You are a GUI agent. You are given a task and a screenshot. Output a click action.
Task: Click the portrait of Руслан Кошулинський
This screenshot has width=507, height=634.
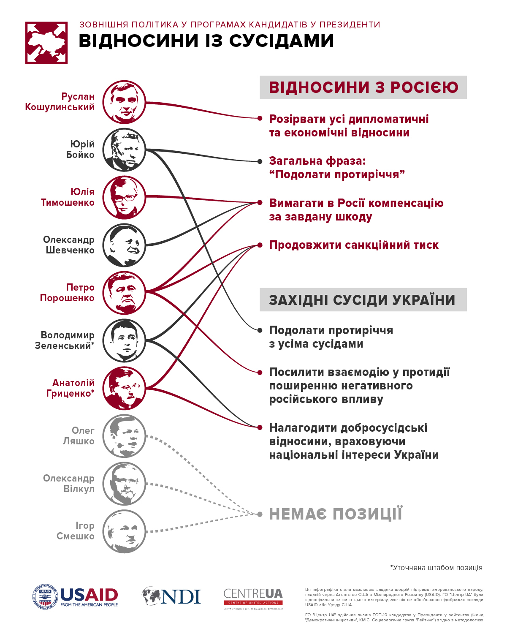124,102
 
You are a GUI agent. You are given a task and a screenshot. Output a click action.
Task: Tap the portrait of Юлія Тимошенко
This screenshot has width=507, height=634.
124,198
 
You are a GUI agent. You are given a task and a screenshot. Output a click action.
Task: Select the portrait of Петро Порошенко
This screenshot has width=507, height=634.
124,293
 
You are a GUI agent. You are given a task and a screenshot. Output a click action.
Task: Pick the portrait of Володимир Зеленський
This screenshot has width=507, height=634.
124,340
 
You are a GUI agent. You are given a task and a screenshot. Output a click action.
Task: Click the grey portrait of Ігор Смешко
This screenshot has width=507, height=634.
124,531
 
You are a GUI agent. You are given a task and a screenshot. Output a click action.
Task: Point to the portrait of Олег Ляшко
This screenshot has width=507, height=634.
124,436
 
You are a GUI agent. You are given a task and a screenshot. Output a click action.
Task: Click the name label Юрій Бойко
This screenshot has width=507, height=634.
80,150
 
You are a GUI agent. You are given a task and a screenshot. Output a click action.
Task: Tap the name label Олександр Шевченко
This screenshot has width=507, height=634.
69,245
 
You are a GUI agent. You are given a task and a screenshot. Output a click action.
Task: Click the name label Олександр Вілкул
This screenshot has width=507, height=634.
69,484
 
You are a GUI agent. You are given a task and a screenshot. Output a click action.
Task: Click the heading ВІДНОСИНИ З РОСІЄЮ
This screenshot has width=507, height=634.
363,87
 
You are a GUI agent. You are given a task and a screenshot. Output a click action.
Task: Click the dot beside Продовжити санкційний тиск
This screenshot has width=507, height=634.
260,245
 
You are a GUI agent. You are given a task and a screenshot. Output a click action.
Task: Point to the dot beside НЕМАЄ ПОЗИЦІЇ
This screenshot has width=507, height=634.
260,514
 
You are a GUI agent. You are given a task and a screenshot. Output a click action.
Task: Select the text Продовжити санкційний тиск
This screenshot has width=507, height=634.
354,245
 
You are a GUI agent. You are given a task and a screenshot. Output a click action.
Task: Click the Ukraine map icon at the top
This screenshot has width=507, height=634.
46,43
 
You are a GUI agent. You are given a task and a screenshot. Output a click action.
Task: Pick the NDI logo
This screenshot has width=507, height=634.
171,596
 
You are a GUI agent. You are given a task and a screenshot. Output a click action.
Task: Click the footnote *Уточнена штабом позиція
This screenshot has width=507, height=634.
436,568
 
